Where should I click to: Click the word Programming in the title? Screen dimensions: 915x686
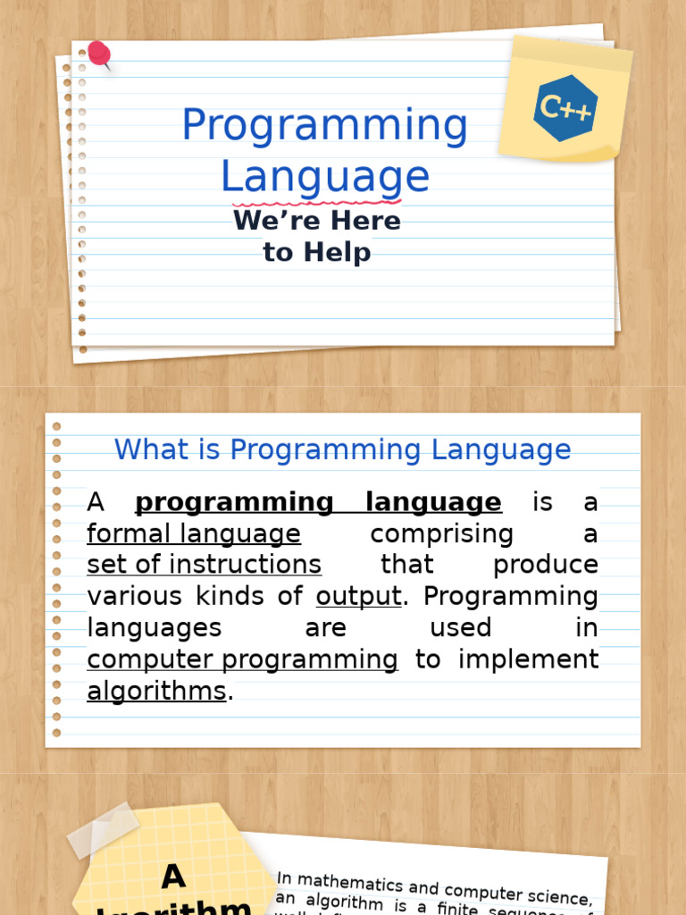pyautogui.click(x=324, y=125)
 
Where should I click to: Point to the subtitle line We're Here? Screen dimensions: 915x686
pyautogui.click(x=317, y=220)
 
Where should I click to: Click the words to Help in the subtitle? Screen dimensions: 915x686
pyautogui.click(x=317, y=252)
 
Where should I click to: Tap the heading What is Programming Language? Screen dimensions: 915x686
pyautogui.click(x=342, y=449)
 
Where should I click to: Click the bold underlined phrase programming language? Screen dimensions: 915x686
pyautogui.click(x=318, y=503)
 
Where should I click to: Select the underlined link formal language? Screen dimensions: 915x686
pyautogui.click(x=194, y=534)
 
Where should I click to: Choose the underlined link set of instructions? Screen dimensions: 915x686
pyautogui.click(x=204, y=565)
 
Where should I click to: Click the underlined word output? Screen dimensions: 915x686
pyautogui.click(x=358, y=596)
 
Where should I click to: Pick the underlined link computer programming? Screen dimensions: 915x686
pyautogui.click(x=242, y=659)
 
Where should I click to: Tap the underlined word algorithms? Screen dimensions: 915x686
pyautogui.click(x=156, y=691)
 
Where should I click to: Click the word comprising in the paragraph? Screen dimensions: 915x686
pyautogui.click(x=442, y=534)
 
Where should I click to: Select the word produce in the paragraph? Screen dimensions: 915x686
pyautogui.click(x=545, y=565)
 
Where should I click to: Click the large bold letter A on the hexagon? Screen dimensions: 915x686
pyautogui.click(x=173, y=877)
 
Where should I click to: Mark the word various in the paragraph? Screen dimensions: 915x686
pyautogui.click(x=131, y=596)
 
